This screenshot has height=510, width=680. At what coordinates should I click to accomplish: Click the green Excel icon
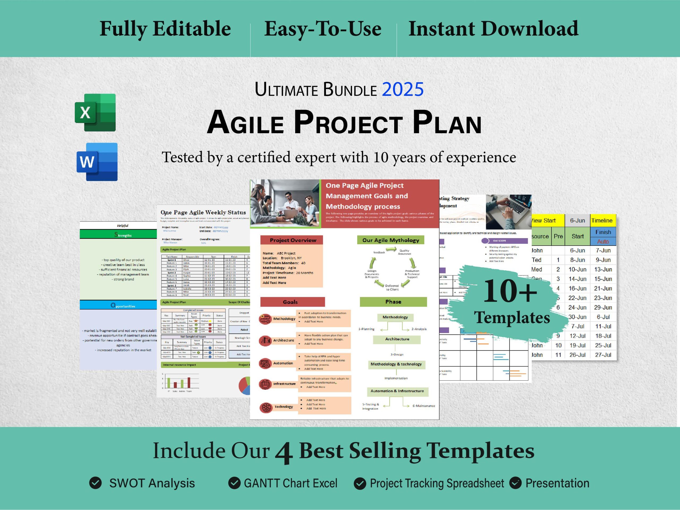point(95,113)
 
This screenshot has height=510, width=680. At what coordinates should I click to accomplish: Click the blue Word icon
point(97,162)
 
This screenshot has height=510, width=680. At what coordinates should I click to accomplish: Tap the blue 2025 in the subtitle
point(403,89)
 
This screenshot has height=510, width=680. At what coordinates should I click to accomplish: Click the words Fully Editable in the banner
point(165,29)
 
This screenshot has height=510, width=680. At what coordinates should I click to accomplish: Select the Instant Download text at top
point(493,29)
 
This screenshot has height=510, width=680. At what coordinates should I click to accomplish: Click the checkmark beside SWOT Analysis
point(95,483)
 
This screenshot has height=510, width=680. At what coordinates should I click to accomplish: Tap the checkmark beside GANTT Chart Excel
point(234,483)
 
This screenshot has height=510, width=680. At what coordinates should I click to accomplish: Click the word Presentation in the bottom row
point(557,483)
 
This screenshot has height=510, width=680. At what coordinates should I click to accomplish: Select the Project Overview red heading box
point(291,240)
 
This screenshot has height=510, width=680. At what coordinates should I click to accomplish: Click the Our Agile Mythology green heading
point(390,240)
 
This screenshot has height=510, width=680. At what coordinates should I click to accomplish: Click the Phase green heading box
point(393,302)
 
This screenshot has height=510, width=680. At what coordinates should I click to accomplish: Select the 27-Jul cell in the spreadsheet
point(603,354)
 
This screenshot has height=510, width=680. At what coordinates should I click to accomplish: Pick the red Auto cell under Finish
point(603,242)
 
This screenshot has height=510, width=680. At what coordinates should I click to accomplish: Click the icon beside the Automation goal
point(265,363)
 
